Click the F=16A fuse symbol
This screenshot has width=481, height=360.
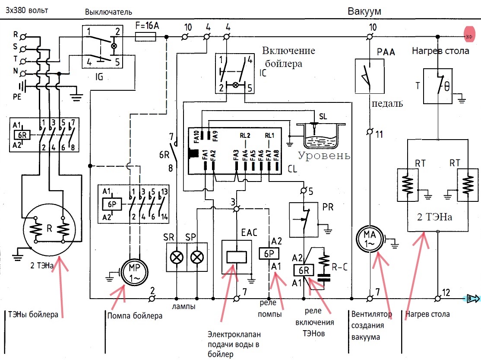click(146, 37)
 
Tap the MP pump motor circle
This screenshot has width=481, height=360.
click(135, 272)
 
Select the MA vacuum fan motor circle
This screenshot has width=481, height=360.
click(370, 239)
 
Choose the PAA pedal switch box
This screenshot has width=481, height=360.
click(370, 76)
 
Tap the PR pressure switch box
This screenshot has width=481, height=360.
click(304, 219)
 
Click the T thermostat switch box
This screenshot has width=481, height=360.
click(438, 86)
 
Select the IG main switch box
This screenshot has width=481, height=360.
click(102, 47)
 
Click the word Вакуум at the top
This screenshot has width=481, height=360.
click(364, 11)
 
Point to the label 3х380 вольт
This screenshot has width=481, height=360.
click(27, 10)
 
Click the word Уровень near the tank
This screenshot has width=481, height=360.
click(324, 156)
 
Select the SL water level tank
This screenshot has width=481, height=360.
click(321, 136)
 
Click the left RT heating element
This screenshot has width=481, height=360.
click(408, 185)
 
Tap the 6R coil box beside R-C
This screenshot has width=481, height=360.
click(304, 270)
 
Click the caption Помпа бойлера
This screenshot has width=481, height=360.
click(135, 316)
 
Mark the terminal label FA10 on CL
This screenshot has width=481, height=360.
click(196, 137)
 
